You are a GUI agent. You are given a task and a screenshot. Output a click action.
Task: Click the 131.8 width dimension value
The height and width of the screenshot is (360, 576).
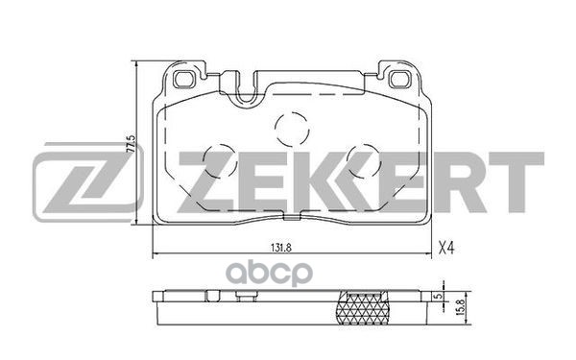[281, 248]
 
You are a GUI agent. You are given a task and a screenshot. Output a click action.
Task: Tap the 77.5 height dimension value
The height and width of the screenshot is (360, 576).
[131, 144]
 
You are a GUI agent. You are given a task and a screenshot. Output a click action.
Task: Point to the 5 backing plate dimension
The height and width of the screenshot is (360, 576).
[437, 297]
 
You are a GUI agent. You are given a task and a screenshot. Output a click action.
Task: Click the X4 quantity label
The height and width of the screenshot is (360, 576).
[446, 249]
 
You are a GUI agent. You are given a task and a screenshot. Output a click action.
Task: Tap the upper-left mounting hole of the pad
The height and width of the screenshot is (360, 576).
[184, 79]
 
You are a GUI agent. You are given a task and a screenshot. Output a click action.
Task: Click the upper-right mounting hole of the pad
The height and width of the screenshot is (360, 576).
[399, 79]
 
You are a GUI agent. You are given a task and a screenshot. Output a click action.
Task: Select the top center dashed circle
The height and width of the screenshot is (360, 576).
[292, 129]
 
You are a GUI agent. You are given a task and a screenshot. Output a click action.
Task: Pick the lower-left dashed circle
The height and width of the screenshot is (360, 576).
[220, 161]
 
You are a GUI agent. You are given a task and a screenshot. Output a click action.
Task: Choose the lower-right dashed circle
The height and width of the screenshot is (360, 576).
[364, 161]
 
